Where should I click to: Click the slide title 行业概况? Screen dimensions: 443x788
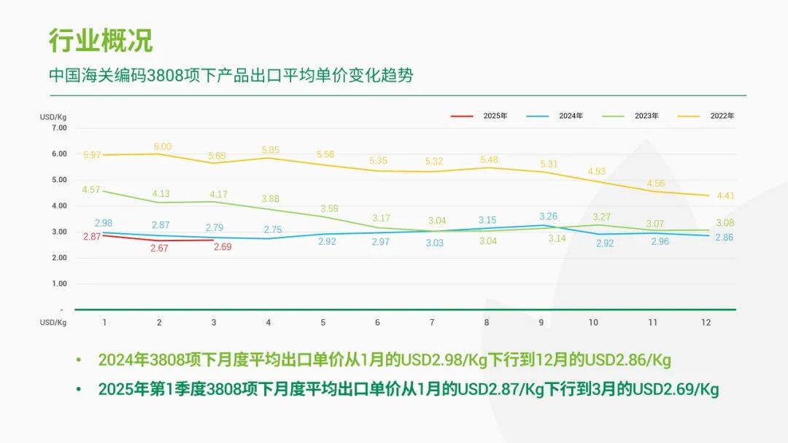tap(101, 41)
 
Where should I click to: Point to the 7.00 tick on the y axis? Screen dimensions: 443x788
tap(59, 128)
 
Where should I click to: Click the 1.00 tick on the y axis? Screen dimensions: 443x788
tap(59, 283)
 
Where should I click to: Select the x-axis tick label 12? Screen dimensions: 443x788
tap(706, 322)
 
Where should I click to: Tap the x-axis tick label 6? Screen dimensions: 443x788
tap(377, 322)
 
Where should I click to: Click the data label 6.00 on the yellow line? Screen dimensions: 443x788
tap(162, 146)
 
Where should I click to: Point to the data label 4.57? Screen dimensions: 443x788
tap(91, 189)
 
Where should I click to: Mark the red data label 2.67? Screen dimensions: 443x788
tap(159, 248)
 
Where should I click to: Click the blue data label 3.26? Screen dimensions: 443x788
tap(549, 216)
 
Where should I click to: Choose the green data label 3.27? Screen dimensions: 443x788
tap(602, 217)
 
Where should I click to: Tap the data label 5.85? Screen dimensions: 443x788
tap(271, 150)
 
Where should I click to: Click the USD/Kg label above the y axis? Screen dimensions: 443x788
tap(53, 117)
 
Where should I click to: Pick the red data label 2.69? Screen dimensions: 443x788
tap(223, 247)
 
